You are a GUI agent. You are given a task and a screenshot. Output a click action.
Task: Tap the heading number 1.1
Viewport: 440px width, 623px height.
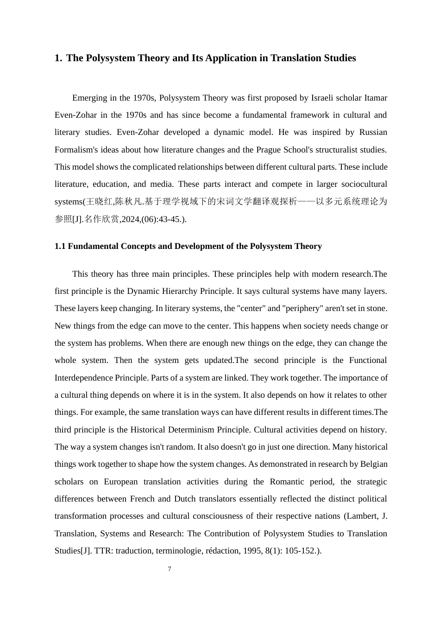[x=60, y=246]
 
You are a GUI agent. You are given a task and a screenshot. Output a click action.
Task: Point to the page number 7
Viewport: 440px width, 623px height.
[x=170, y=569]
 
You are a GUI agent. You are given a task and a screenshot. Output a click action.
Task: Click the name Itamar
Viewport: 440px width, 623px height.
[x=376, y=98]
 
